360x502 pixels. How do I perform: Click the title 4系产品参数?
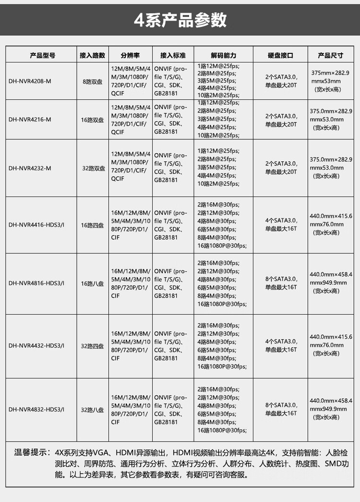click(180, 20)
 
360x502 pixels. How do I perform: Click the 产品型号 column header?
click(43, 55)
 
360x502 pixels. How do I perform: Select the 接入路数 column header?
click(92, 55)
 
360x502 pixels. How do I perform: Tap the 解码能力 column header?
click(224, 55)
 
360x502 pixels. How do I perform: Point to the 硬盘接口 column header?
click(280, 55)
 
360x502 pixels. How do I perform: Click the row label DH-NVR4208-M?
click(30, 81)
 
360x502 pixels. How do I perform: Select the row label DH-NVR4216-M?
click(30, 120)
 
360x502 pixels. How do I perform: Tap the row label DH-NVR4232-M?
click(30, 168)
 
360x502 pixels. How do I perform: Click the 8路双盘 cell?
click(92, 81)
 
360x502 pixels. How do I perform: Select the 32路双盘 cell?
click(93, 168)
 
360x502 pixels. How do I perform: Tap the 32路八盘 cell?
click(92, 410)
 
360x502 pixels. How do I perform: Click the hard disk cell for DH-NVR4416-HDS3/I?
click(281, 225)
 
